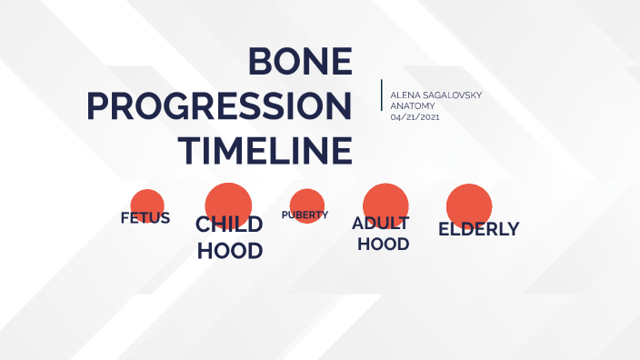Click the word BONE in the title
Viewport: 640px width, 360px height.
[300, 62]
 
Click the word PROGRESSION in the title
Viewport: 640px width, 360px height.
[219, 106]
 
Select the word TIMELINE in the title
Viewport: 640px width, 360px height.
[265, 150]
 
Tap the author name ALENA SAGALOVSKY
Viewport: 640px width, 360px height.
[435, 95]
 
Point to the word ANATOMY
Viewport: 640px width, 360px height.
[412, 106]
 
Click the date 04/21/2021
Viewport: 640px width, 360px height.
[415, 117]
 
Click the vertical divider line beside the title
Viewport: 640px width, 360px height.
[382, 95]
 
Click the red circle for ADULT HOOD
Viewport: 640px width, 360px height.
[385, 200]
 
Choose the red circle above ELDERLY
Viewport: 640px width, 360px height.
[469, 204]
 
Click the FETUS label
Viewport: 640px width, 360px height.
[145, 218]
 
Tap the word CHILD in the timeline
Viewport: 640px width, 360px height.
[229, 225]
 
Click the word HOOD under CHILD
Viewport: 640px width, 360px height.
[230, 251]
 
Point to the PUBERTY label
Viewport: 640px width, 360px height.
[305, 215]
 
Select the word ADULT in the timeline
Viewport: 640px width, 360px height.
[381, 224]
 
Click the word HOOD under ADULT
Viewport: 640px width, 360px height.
[383, 245]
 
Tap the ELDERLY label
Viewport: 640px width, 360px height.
[478, 229]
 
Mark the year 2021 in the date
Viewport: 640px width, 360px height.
[427, 117]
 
